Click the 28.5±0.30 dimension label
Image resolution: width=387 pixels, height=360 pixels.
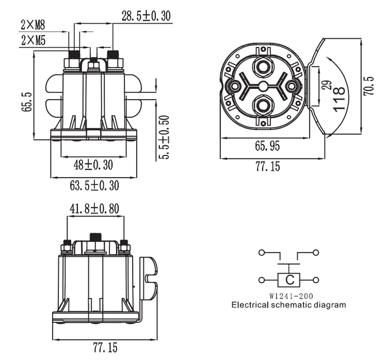(x=146, y=15)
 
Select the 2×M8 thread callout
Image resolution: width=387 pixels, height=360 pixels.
(x=33, y=24)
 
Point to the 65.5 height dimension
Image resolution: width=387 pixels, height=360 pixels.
(x=28, y=102)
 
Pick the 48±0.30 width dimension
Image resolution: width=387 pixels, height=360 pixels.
(x=93, y=165)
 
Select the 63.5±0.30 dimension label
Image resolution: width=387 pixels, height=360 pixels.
(x=93, y=184)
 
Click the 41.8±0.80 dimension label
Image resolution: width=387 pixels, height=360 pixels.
(x=95, y=209)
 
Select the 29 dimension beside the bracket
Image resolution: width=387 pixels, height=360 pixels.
(x=326, y=85)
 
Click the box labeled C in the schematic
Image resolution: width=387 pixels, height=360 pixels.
(x=290, y=280)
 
